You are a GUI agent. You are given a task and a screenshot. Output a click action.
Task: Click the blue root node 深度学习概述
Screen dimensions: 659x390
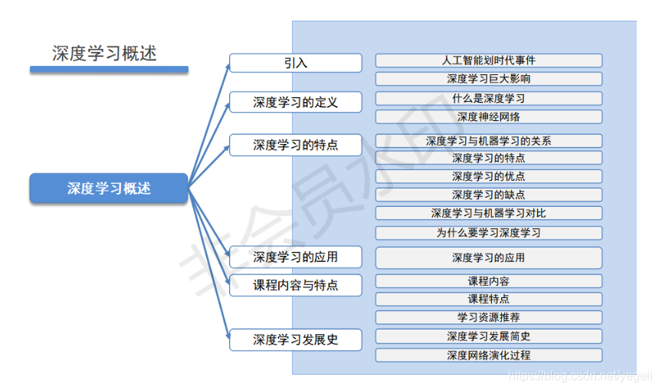click(109, 188)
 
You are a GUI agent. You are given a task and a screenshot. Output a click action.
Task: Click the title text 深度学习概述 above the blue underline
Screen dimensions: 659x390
click(104, 53)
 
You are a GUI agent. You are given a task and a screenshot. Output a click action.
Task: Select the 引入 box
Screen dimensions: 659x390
click(295, 63)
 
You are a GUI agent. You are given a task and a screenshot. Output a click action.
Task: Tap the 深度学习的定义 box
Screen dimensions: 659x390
click(295, 102)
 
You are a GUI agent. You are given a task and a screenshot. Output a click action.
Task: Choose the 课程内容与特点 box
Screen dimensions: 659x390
click(295, 285)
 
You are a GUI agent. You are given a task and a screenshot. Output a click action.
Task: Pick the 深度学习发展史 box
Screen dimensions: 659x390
click(295, 339)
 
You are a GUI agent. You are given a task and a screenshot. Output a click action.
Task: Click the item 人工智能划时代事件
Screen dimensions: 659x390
click(488, 60)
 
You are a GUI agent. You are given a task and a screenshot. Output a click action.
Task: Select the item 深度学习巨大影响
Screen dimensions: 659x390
click(488, 78)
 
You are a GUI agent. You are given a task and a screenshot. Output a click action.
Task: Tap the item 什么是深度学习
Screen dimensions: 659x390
click(488, 98)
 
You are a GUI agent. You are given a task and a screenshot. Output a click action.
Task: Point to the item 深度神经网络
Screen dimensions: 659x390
click(488, 116)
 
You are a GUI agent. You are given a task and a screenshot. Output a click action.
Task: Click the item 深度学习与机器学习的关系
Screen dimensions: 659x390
click(488, 140)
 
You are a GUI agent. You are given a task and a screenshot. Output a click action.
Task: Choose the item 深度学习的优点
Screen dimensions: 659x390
click(488, 176)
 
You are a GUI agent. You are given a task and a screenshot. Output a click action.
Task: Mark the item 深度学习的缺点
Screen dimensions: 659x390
click(488, 195)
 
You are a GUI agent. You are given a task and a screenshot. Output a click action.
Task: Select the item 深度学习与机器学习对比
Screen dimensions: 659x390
click(488, 213)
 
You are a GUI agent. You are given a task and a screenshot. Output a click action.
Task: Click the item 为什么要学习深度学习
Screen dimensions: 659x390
click(488, 232)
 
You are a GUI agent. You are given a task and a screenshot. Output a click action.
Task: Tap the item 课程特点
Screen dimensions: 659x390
click(488, 299)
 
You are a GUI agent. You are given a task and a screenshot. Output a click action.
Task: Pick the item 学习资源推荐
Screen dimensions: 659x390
click(488, 317)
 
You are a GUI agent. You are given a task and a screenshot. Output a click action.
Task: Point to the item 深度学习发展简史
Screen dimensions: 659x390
click(488, 336)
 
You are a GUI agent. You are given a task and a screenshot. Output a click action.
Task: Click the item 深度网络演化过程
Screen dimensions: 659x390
click(488, 355)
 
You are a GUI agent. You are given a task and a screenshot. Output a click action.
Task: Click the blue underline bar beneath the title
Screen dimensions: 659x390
click(109, 70)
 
